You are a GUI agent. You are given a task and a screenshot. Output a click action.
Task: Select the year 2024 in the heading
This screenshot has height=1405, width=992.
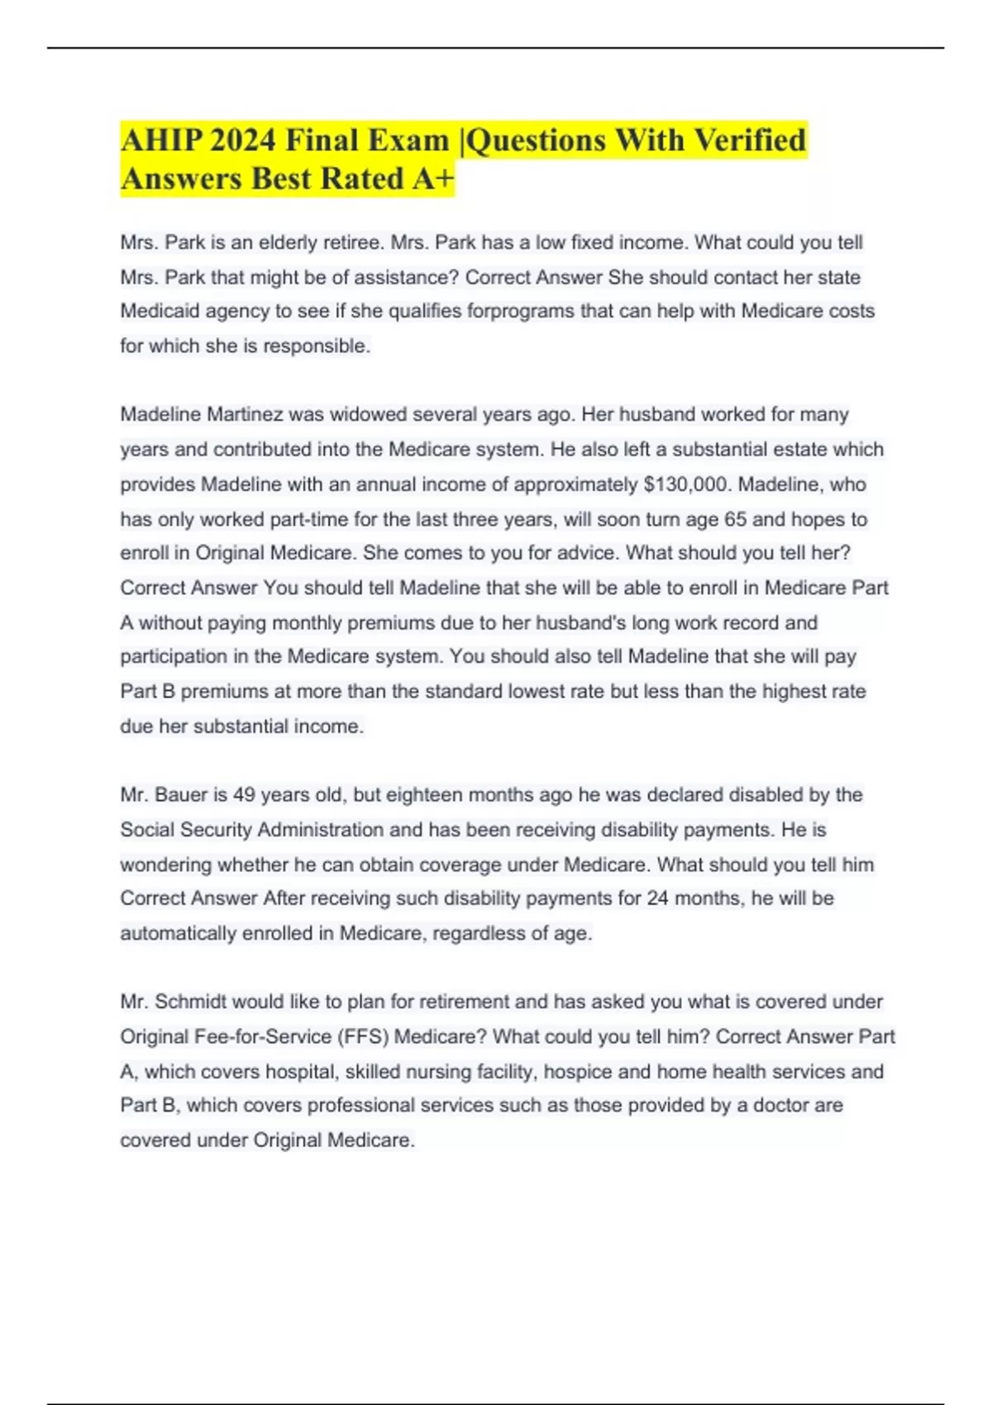pyautogui.click(x=242, y=140)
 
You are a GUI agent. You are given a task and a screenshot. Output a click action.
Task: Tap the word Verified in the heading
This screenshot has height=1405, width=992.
pyautogui.click(x=750, y=140)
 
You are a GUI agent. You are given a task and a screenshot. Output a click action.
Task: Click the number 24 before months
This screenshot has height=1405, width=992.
pyautogui.click(x=658, y=898)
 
